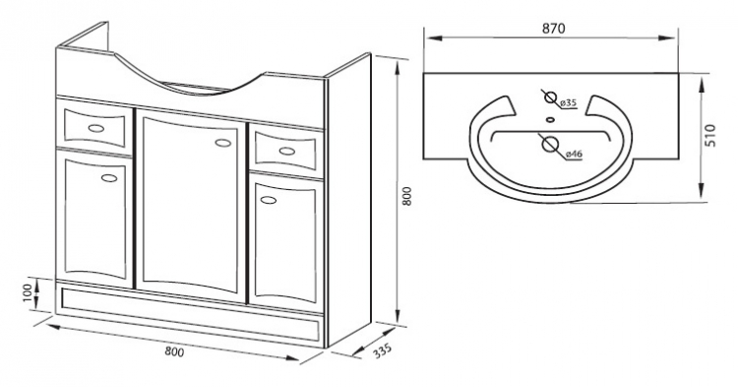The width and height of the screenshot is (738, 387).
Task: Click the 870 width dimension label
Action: (553, 29)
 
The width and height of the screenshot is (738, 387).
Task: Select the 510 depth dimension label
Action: (710, 136)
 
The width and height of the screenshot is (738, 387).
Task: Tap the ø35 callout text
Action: (569, 102)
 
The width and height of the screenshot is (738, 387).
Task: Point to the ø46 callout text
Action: (575, 154)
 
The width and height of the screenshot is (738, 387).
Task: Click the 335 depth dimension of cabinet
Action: (382, 351)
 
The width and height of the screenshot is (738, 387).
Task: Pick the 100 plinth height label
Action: (28, 292)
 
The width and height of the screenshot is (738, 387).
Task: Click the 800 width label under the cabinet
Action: (174, 352)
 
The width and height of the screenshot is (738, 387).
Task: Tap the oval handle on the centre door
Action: (223, 142)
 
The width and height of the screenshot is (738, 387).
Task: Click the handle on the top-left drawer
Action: (96, 128)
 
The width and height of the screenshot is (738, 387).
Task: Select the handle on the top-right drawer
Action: (286, 151)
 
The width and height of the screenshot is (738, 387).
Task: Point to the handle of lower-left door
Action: (109, 178)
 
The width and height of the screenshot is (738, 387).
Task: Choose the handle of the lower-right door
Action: (269, 200)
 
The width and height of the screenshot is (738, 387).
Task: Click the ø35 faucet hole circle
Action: (549, 97)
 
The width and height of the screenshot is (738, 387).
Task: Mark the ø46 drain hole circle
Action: (550, 143)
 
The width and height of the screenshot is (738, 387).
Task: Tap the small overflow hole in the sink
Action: (550, 119)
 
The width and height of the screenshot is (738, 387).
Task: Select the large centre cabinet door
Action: (191, 206)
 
